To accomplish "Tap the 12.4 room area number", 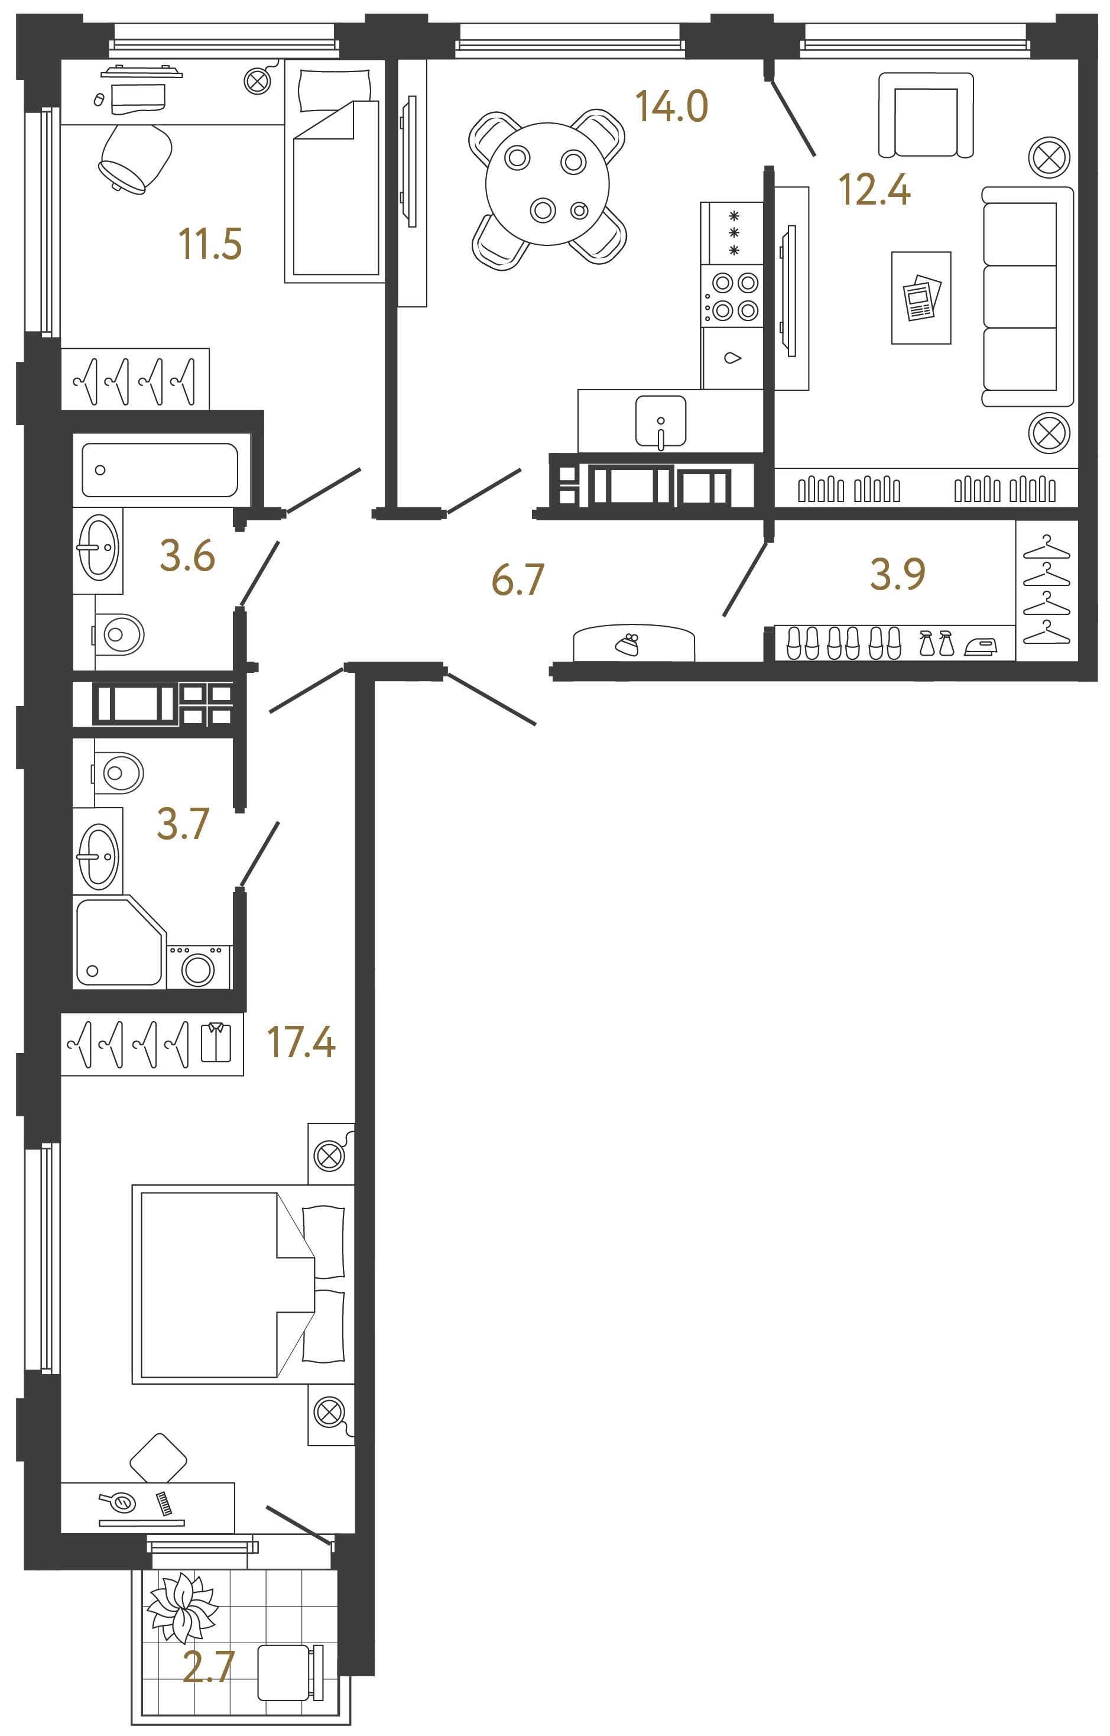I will click(x=874, y=190).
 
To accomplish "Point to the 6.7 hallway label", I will click(x=518, y=581).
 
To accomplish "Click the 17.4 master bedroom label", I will click(x=301, y=1042).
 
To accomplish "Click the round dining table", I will click(x=547, y=184).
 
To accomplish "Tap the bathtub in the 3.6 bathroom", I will click(x=160, y=470).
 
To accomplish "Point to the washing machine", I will click(x=198, y=967).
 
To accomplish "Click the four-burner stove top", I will click(x=733, y=297).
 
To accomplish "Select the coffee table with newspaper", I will click(x=920, y=298).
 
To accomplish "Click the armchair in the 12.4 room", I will click(x=926, y=115).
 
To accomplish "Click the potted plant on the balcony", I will click(x=181, y=1608).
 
